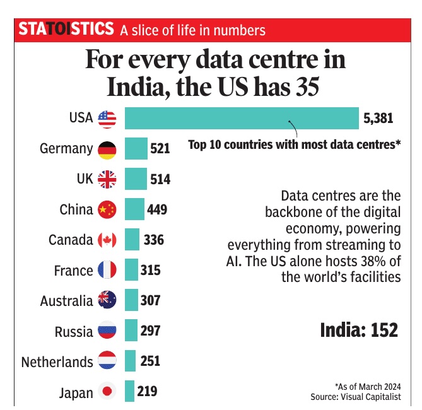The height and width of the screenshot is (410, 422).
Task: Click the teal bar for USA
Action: [242, 118]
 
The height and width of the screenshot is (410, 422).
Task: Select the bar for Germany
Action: [136, 149]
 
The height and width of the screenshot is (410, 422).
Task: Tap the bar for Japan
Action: [129, 392]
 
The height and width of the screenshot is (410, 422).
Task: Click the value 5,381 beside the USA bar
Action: [378, 118]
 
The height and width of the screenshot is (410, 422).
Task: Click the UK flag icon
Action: [107, 179]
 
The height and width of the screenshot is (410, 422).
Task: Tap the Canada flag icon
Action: [107, 240]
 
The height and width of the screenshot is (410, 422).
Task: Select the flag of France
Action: [107, 271]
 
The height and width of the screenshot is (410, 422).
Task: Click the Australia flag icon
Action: [107, 301]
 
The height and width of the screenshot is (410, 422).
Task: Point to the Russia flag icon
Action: [107, 331]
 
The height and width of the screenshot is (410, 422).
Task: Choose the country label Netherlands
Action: [57, 362]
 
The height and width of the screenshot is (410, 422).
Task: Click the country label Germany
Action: [66, 149]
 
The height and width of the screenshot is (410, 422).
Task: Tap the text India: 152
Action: [359, 329]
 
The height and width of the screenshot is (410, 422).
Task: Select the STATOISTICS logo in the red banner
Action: [66, 29]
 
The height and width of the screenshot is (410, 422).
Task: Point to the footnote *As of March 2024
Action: [367, 386]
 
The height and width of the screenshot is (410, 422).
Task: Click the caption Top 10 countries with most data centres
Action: [295, 144]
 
